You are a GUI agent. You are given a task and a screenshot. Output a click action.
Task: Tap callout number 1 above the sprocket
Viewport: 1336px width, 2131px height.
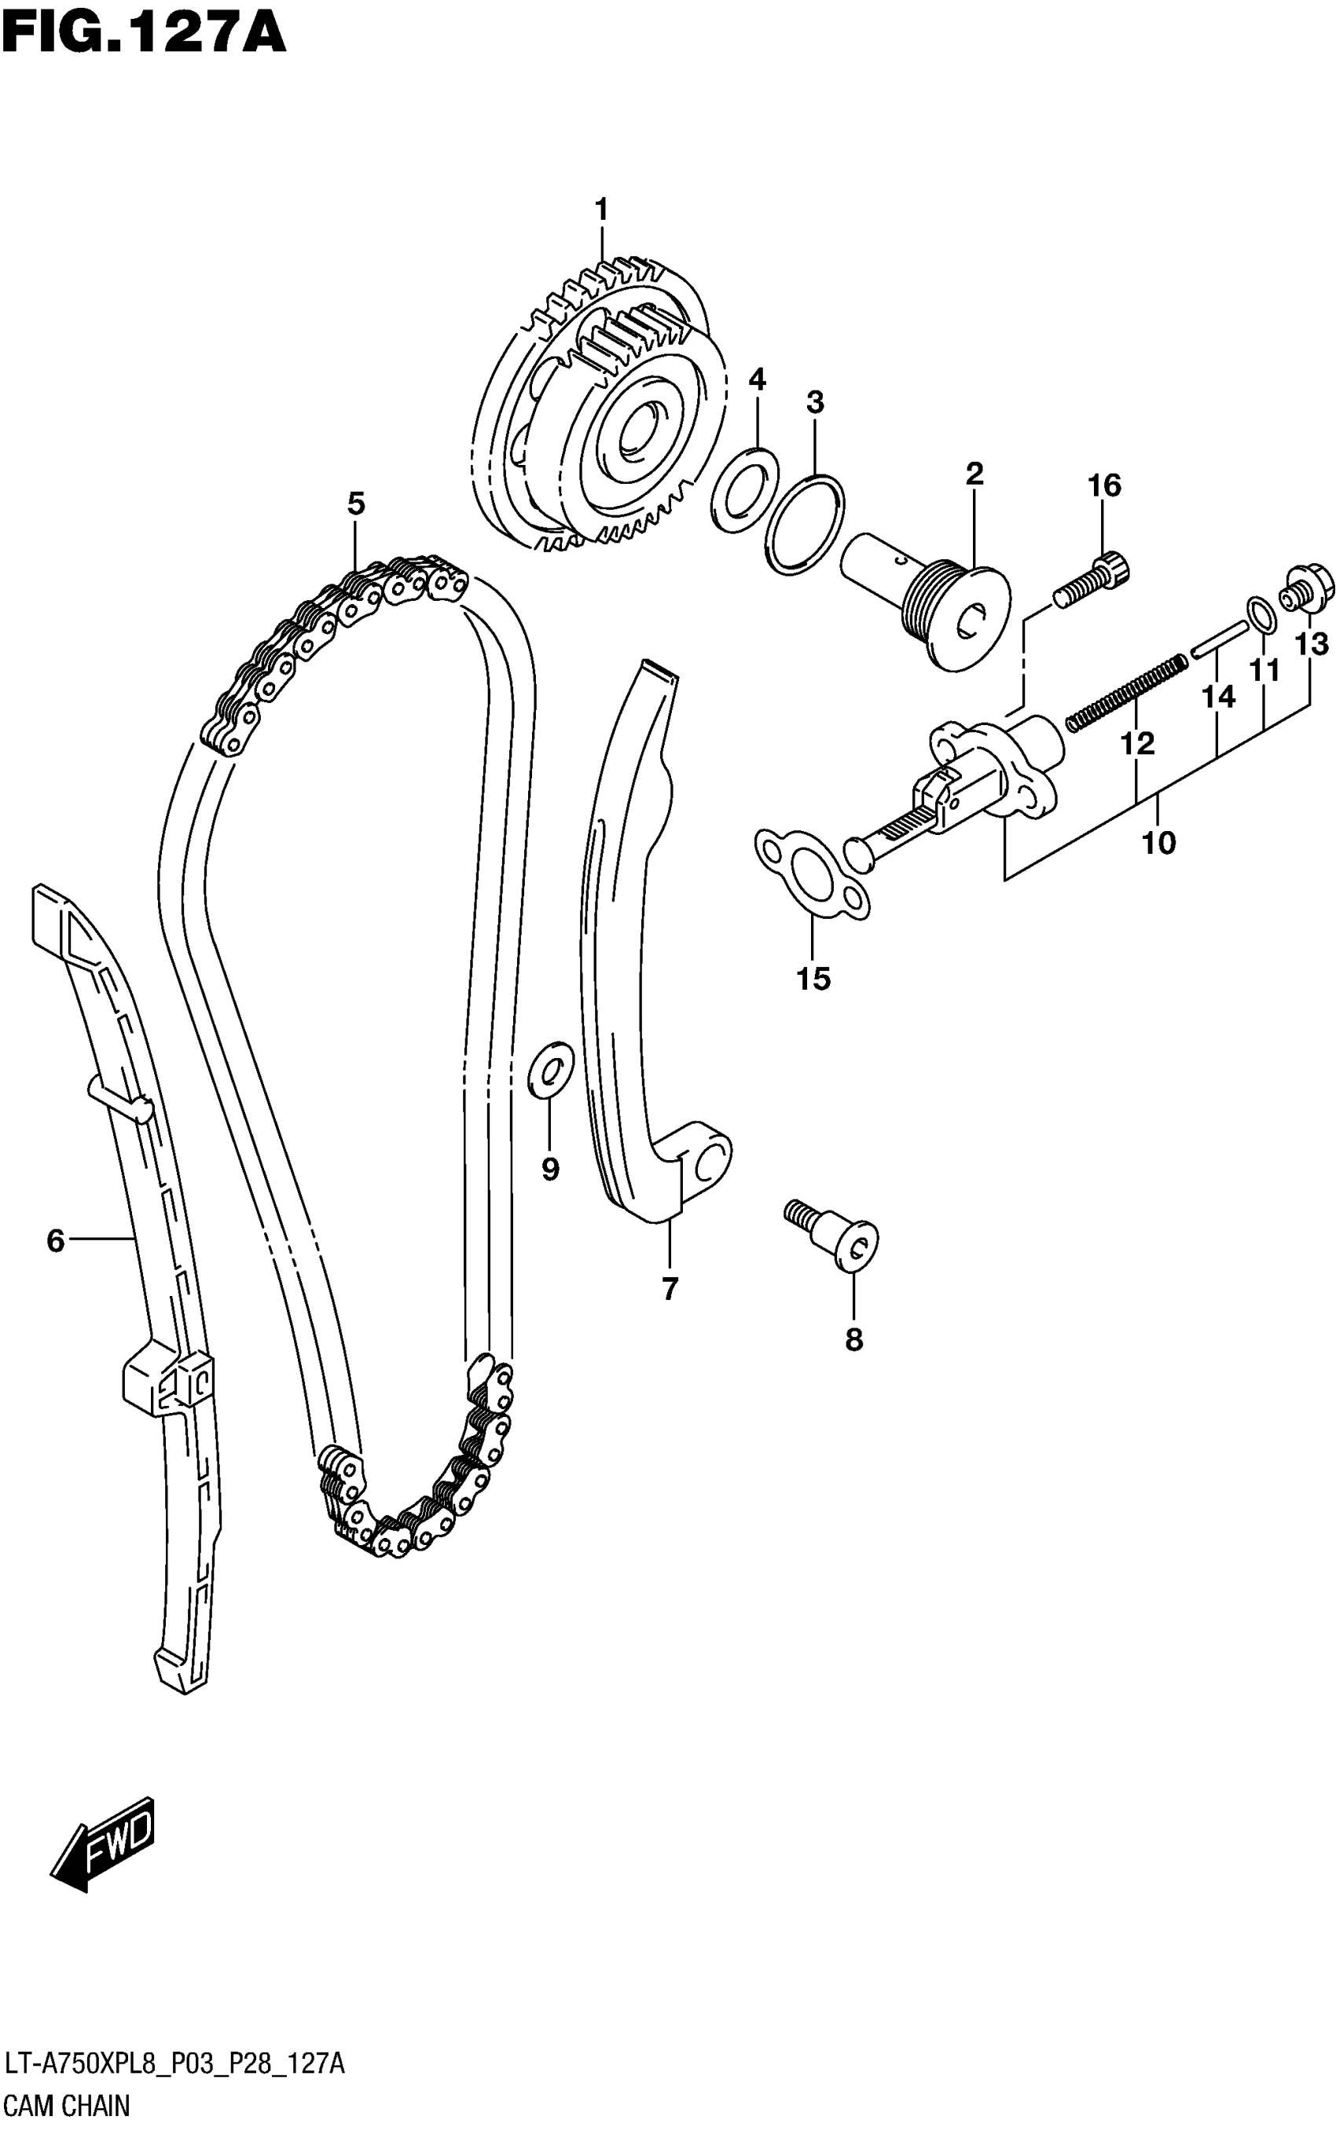click(x=602, y=211)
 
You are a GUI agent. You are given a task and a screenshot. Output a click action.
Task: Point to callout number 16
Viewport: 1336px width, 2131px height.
click(x=1104, y=485)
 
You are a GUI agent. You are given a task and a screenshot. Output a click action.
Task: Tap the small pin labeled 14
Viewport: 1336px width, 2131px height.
click(x=1218, y=639)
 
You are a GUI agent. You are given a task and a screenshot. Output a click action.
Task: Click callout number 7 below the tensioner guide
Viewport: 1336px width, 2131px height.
click(x=670, y=1290)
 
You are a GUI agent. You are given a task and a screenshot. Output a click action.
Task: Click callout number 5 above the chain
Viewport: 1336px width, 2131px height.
click(x=355, y=503)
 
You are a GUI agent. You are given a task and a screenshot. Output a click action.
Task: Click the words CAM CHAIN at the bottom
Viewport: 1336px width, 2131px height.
click(x=66, y=2105)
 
